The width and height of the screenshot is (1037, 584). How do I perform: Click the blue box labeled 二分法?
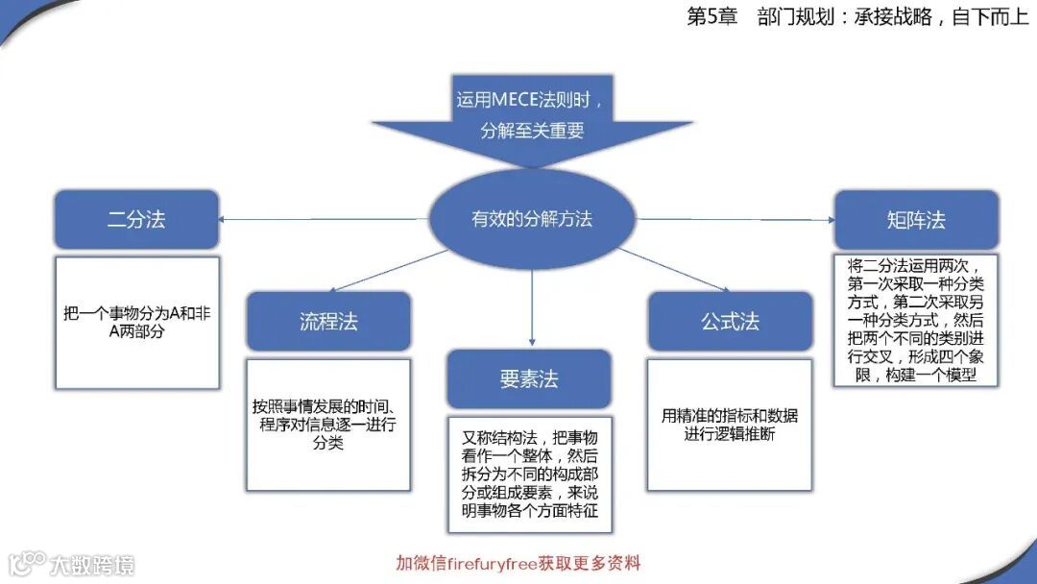(136, 219)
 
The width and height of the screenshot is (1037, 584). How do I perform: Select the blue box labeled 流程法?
(328, 321)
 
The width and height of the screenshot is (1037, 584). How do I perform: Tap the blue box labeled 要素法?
(528, 378)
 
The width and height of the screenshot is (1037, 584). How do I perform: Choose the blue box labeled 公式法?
(730, 321)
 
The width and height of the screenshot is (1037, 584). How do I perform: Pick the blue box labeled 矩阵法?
(916, 220)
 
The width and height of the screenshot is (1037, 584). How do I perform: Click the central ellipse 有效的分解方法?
(531, 219)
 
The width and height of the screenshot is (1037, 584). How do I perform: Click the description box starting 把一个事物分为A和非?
(136, 321)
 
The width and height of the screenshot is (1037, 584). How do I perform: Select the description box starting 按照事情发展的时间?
(328, 423)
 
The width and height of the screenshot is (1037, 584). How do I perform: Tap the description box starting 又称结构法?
(529, 474)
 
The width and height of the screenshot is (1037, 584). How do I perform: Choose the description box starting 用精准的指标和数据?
(730, 424)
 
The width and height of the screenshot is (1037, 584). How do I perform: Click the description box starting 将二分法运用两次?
(916, 319)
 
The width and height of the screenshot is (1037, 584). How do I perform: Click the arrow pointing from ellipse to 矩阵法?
(735, 219)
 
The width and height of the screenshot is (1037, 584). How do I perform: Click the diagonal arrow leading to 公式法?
(672, 269)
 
